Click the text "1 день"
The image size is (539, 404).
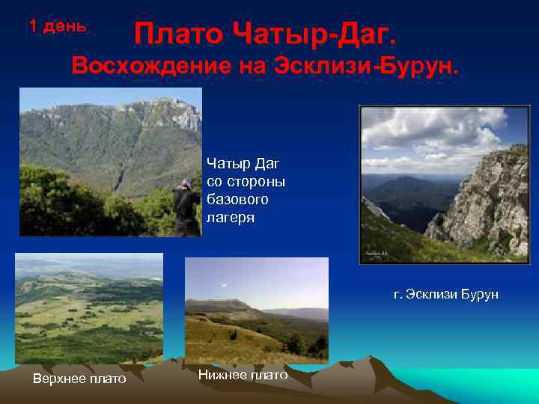(58, 25)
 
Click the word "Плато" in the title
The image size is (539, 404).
(178, 34)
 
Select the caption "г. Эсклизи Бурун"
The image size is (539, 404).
(445, 295)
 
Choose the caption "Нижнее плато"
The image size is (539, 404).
(243, 375)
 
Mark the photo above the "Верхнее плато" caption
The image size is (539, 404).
(88, 307)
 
